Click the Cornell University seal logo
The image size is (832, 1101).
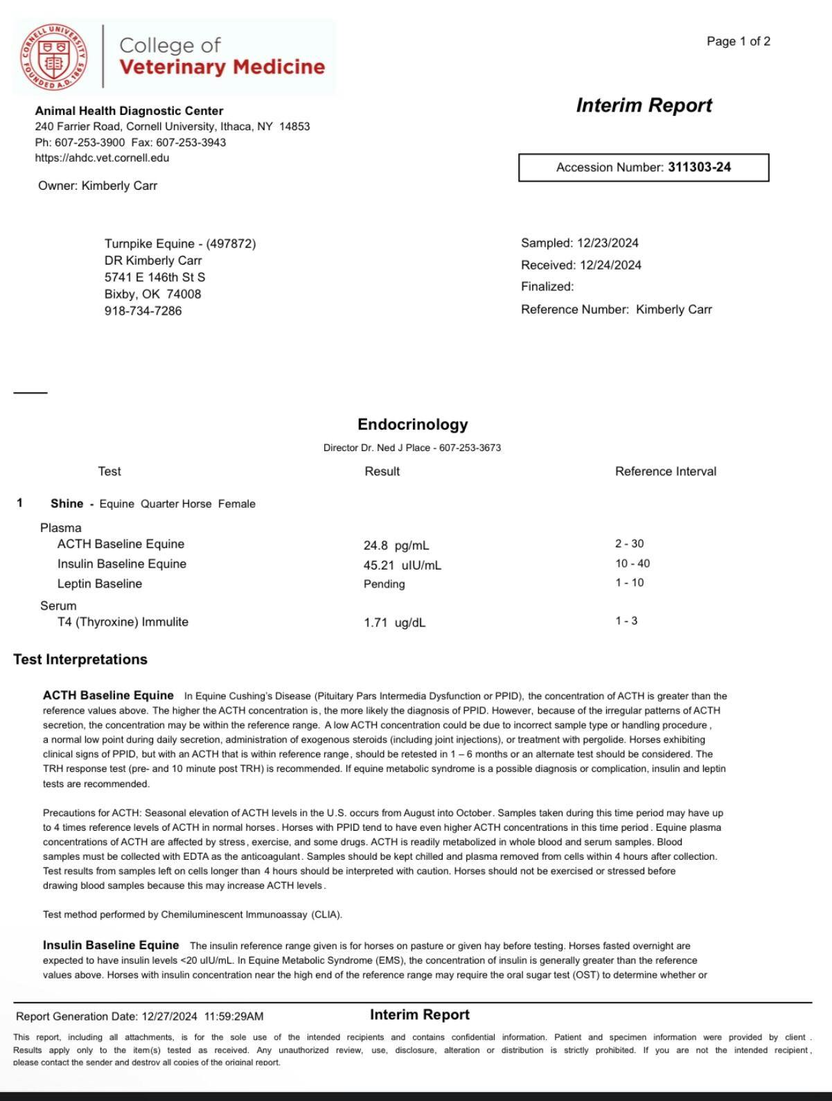[54, 57]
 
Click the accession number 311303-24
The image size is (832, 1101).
[699, 167]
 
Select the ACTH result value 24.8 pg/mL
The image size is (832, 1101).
[396, 545]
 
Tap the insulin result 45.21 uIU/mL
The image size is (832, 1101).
[402, 565]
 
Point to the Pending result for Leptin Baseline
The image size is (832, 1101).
[384, 584]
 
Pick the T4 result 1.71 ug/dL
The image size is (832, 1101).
[394, 623]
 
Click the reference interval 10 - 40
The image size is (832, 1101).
[632, 563]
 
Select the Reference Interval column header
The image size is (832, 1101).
[665, 471]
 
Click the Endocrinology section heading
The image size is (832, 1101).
[412, 424]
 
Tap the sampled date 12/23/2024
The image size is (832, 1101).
[608, 243]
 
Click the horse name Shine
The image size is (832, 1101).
[67, 504]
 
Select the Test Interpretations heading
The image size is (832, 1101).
[80, 659]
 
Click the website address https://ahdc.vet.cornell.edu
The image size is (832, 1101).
[102, 157]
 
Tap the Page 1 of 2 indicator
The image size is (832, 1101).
[738, 42]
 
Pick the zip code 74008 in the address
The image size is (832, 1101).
[184, 294]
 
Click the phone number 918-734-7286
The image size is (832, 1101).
[143, 310]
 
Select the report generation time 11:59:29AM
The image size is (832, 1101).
[233, 1016]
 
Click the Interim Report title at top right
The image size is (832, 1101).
[644, 105]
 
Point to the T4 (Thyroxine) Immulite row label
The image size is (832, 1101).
[123, 622]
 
